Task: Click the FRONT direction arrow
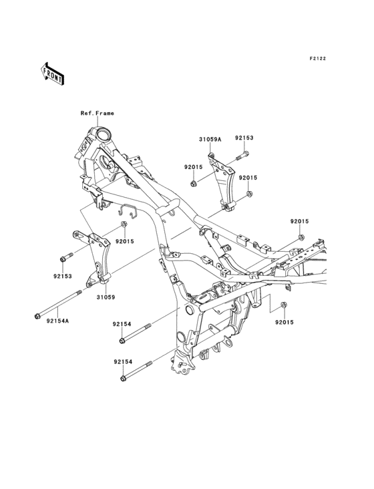tap(52, 73)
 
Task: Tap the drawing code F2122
tap(318, 58)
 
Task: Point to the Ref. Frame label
tap(98, 113)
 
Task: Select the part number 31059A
tap(210, 140)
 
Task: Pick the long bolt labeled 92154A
tap(58, 305)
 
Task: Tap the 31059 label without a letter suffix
tap(106, 297)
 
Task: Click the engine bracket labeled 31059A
tap(222, 182)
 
